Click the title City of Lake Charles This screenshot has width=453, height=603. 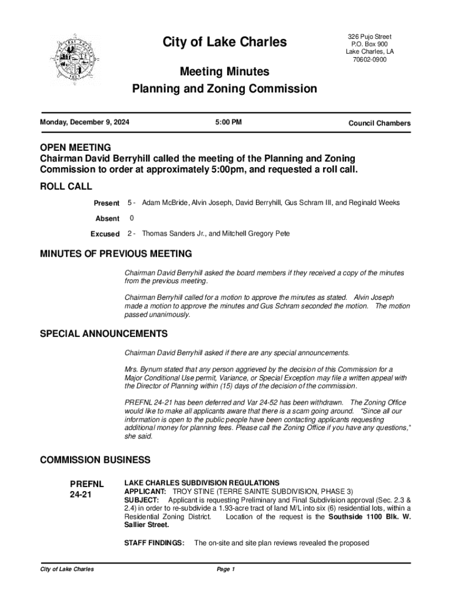point(225,42)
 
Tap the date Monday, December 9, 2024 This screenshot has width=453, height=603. point(85,122)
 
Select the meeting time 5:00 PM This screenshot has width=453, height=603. point(228,122)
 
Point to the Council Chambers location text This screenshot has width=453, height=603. point(379,123)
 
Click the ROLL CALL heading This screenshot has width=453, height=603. point(66,187)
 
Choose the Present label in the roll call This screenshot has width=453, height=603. point(106,203)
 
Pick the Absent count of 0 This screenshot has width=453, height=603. point(131,218)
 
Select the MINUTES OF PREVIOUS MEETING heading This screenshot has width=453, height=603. point(115,254)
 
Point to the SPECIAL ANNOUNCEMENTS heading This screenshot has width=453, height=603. point(104,334)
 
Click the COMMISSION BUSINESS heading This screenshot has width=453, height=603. point(95,459)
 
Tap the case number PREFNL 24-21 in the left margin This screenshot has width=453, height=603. point(87,489)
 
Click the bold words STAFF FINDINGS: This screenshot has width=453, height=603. point(155,543)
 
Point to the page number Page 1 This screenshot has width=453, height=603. point(226,569)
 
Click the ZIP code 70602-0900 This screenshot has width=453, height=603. point(369,59)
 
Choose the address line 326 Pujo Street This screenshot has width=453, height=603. point(369,37)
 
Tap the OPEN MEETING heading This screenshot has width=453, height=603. point(75,147)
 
